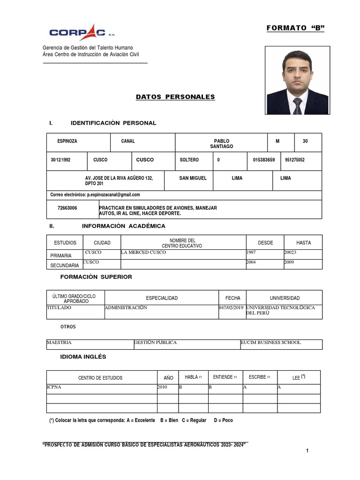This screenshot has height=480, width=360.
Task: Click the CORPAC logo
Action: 82,32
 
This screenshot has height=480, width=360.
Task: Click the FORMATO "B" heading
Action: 295,28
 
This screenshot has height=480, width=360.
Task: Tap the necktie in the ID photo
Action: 297,106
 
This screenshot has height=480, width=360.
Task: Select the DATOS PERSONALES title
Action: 175,97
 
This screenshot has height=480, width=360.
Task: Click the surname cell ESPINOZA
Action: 67,141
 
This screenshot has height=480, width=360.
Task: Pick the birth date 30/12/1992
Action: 60,160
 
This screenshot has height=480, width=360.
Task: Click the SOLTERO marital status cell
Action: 189,160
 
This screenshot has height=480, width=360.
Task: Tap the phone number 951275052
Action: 295,160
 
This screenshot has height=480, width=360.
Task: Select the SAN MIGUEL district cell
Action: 193,178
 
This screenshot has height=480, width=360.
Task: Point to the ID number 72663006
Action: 67,208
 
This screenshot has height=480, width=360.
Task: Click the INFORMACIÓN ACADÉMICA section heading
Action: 123,226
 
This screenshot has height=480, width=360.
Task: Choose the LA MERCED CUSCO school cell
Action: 143,253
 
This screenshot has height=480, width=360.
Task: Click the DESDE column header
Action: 265,243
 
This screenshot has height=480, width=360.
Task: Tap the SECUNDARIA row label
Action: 65,266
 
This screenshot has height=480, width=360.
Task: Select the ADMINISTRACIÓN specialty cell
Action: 126,308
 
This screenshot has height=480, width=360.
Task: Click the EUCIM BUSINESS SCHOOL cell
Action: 270,343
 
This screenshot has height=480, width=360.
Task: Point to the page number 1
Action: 307,451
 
